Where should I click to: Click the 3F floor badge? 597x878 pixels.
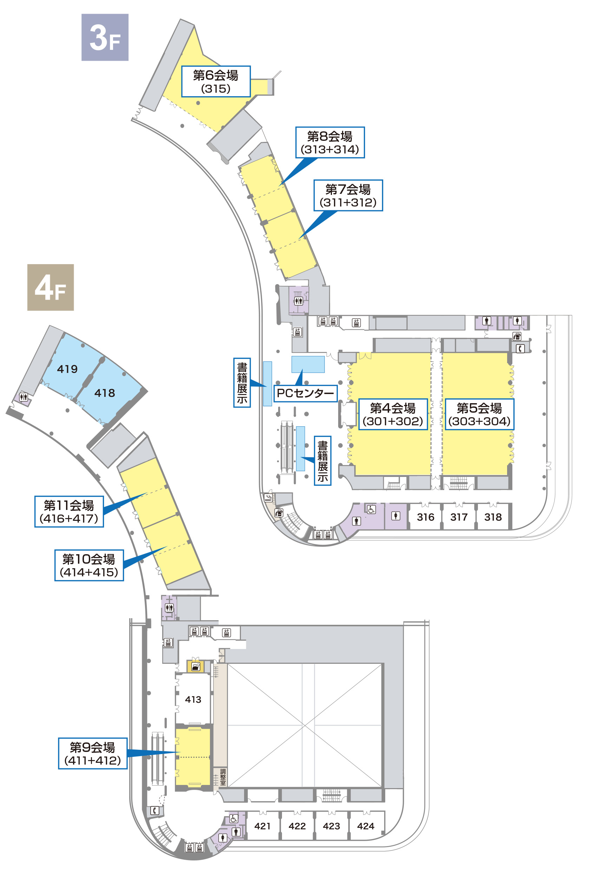[x=105, y=37]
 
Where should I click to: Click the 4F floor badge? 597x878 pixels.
[x=50, y=287]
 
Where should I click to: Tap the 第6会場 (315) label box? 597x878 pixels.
[x=216, y=81]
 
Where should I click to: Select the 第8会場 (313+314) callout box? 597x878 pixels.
[x=329, y=143]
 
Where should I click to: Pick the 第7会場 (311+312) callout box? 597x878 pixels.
[x=348, y=195]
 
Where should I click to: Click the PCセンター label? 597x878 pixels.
[x=305, y=393]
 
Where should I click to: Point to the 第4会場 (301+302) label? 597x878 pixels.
[x=393, y=414]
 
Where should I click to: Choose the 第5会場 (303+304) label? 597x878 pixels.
[x=479, y=414]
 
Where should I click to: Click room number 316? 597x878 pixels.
[x=426, y=517]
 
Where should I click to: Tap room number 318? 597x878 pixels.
[x=493, y=517]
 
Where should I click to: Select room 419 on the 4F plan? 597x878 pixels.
[x=67, y=369]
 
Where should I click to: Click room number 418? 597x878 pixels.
[x=105, y=393]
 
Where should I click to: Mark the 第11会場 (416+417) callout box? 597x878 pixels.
[x=69, y=512]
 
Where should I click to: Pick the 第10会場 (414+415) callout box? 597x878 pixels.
[x=89, y=565]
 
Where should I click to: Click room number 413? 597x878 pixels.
[x=193, y=700]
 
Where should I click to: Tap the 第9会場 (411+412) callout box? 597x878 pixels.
[x=93, y=753]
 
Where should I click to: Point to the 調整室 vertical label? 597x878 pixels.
[x=223, y=777]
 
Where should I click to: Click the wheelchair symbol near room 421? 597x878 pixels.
[x=234, y=818]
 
